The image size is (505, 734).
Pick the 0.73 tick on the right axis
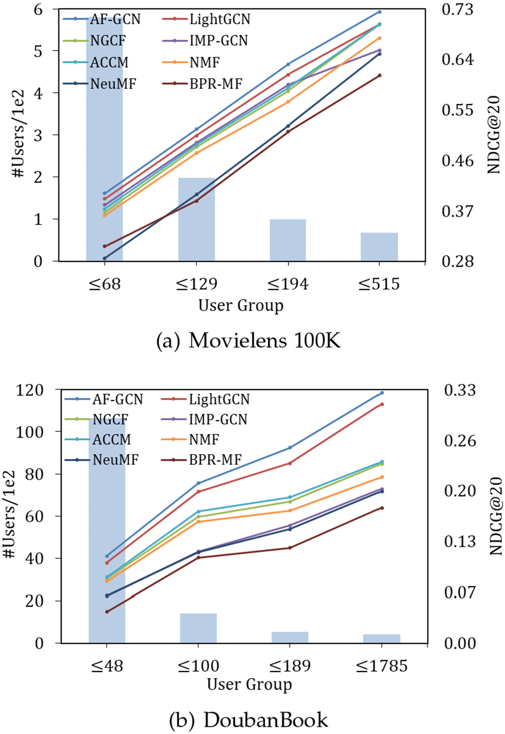[x=458, y=9]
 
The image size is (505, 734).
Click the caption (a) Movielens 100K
[x=249, y=341]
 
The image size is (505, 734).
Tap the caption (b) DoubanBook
[x=249, y=718]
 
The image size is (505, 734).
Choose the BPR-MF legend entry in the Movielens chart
[x=203, y=84]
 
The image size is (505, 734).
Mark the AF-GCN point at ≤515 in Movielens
[x=379, y=12]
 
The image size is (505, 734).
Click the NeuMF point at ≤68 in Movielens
[x=105, y=258]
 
